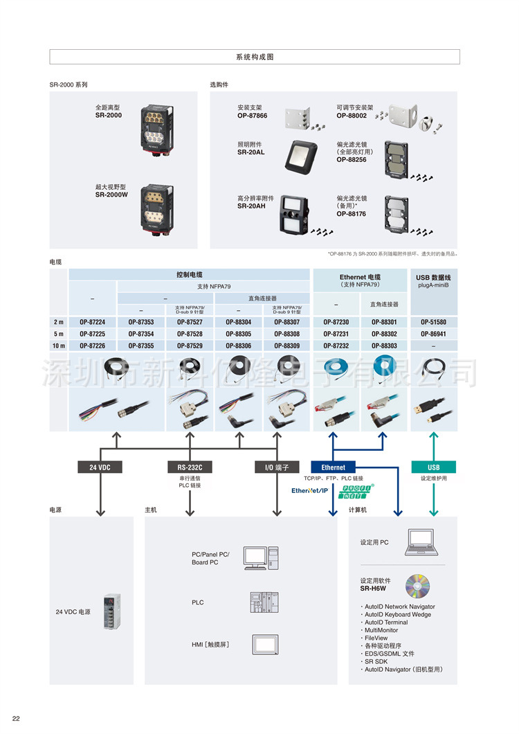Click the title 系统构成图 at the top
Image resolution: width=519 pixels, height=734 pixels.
pyautogui.click(x=255, y=57)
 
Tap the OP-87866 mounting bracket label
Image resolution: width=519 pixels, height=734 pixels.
pyautogui.click(x=252, y=116)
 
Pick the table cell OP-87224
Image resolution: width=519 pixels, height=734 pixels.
pyautogui.click(x=92, y=322)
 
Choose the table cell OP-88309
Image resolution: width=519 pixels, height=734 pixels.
pyautogui.click(x=286, y=346)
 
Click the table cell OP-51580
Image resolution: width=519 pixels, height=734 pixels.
pyautogui.click(x=433, y=322)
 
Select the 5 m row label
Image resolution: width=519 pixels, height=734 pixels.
pyautogui.click(x=59, y=334)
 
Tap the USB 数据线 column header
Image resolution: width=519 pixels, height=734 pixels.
pyautogui.click(x=433, y=277)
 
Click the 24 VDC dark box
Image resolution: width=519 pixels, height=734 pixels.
pyautogui.click(x=100, y=467)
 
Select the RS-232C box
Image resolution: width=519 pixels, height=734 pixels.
pyautogui.click(x=189, y=467)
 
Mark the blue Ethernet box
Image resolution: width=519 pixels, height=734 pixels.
pyautogui.click(x=333, y=467)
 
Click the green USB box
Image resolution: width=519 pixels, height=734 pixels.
pyautogui.click(x=433, y=467)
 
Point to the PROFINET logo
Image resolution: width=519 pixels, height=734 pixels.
pyautogui.click(x=356, y=492)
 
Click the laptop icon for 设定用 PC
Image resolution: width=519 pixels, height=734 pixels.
pyautogui.click(x=420, y=541)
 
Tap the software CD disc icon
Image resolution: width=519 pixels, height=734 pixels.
pyautogui.click(x=417, y=586)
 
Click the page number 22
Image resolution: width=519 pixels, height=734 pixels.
pyautogui.click(x=16, y=718)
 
